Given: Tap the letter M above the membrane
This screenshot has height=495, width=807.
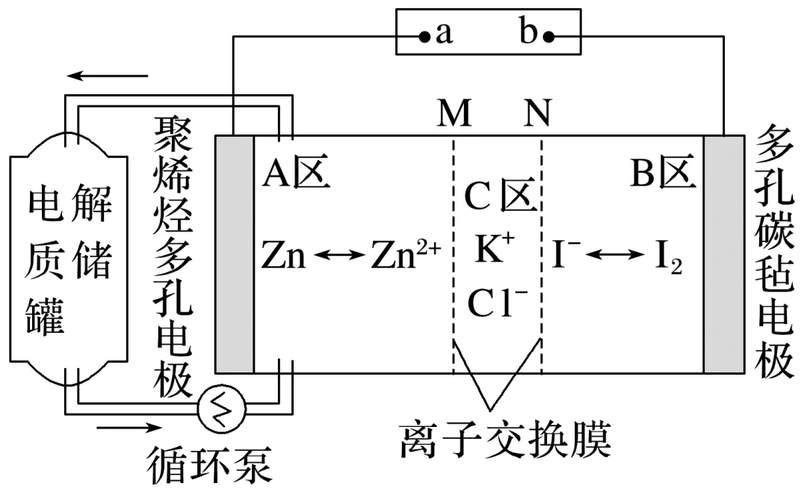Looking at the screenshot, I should (x=454, y=114).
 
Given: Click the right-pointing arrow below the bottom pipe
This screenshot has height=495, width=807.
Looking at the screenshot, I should (x=128, y=428).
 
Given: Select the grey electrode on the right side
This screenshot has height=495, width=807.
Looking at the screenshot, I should (x=723, y=254).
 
